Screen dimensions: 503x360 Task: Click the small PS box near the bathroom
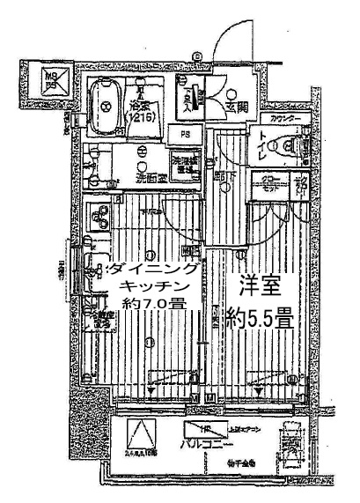click(x=185, y=135)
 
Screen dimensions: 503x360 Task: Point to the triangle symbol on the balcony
click(x=139, y=434)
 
